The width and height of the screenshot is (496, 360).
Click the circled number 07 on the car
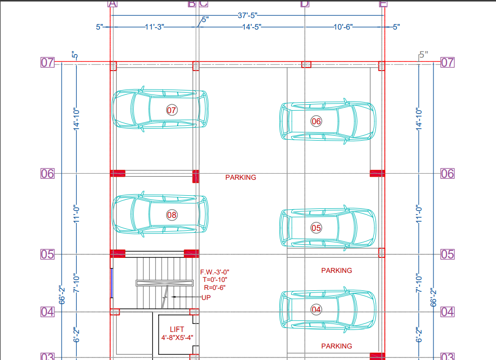click(172, 110)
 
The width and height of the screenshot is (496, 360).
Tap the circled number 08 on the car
click(172, 215)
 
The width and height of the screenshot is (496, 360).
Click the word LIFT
click(177, 329)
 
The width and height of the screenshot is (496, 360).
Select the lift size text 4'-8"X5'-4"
click(177, 338)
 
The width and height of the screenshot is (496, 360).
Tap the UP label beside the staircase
click(206, 297)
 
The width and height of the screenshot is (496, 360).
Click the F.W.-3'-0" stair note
click(215, 272)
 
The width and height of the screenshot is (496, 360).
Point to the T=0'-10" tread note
click(215, 279)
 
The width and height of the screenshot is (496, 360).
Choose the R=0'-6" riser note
click(214, 287)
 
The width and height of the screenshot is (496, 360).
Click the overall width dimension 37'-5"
click(248, 16)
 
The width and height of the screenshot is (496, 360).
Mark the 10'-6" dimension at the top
click(343, 27)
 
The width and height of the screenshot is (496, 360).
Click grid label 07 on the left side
click(47, 63)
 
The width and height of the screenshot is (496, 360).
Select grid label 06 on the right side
click(447, 174)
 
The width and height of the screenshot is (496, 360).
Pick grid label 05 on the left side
click(47, 254)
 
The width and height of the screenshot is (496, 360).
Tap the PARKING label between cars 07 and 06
click(240, 177)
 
